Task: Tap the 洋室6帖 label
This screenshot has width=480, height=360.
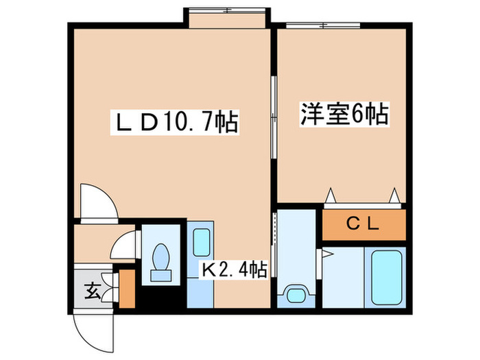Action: (344, 113)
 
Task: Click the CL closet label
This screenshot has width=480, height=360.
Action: (363, 224)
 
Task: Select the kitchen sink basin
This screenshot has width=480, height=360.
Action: (201, 242)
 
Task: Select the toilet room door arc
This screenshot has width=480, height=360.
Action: (125, 245)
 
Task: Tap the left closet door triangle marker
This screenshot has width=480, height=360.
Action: (332, 195)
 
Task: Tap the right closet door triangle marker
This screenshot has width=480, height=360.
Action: (396, 195)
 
